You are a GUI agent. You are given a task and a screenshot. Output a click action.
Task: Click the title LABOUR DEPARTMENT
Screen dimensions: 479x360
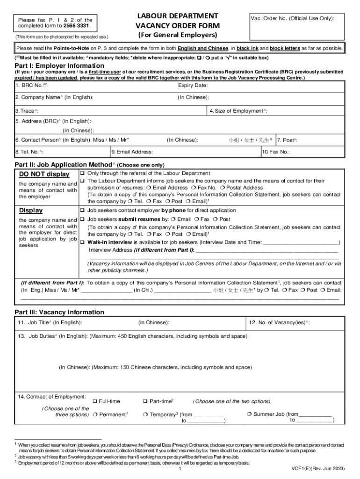[x=177, y=16]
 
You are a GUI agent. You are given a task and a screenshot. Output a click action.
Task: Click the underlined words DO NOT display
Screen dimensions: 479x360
[x=44, y=174]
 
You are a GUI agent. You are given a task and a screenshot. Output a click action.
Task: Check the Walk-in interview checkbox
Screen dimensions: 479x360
[x=82, y=242]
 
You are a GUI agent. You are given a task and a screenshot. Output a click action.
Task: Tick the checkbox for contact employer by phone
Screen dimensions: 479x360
[x=82, y=210]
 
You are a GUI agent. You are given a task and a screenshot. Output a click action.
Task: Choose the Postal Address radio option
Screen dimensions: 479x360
[x=223, y=188]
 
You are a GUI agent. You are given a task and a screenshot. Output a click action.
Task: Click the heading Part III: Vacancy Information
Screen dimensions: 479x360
[x=59, y=312]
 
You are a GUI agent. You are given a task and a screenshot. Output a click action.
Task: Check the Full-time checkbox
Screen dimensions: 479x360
[x=95, y=401]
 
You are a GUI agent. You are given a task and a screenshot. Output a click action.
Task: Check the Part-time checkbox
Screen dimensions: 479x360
[x=145, y=401]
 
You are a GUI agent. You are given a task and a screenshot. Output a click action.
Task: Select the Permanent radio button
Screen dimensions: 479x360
[x=95, y=414]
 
